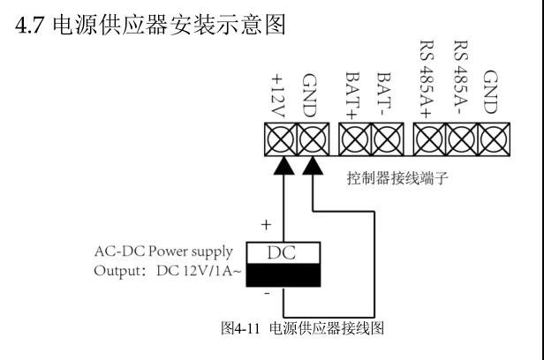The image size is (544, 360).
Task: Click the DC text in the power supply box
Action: [283, 253]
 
